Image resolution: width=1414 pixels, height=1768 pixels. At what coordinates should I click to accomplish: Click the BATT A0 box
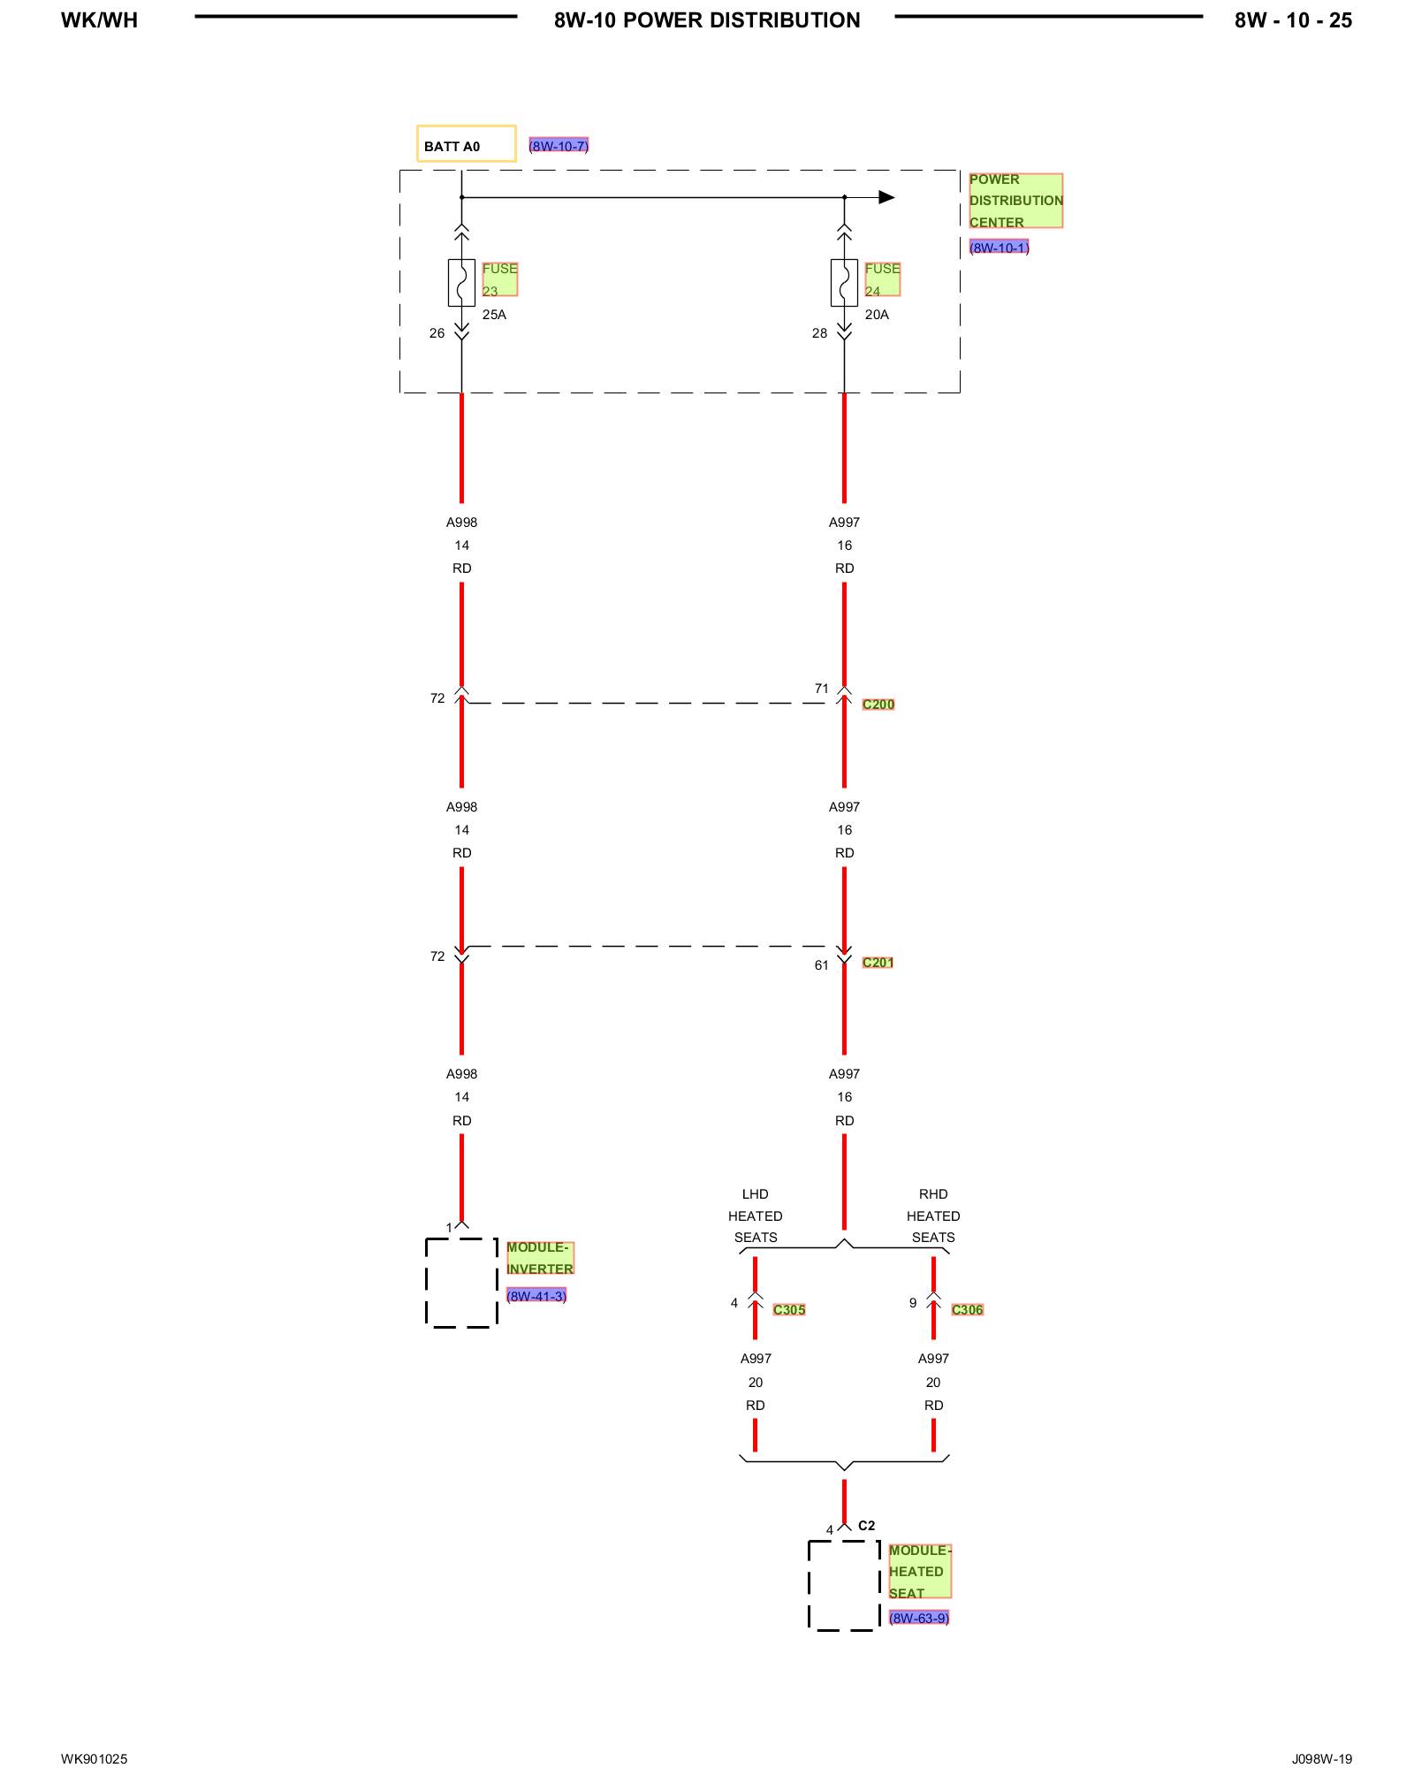(x=466, y=144)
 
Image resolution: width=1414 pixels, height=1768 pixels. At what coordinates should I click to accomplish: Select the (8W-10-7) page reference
(x=559, y=146)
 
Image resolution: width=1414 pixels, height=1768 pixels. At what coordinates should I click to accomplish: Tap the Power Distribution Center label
(x=1015, y=201)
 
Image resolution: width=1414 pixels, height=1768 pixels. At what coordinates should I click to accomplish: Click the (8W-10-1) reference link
(x=999, y=248)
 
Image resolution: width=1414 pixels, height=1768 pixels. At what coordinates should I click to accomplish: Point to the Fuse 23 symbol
(x=461, y=283)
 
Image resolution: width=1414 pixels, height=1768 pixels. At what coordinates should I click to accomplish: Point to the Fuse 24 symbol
(x=844, y=283)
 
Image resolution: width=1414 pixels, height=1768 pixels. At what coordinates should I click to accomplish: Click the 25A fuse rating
(x=494, y=315)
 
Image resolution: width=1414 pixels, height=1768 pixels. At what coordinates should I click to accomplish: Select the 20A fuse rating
(x=877, y=315)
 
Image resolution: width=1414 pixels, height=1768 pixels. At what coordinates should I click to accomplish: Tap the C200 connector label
(x=878, y=705)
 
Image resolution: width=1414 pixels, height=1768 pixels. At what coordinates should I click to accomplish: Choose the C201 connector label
(x=878, y=963)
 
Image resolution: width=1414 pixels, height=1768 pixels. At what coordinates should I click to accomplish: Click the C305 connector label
(x=789, y=1310)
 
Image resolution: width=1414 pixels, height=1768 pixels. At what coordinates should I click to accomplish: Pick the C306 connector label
(x=967, y=1310)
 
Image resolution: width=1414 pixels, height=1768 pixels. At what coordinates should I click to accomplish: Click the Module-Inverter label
(x=540, y=1258)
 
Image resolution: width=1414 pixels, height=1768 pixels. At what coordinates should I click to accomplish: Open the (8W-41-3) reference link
(x=536, y=1296)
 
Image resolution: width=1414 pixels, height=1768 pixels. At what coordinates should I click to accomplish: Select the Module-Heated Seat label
(x=919, y=1572)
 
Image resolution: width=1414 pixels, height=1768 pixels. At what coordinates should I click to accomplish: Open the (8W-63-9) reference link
(x=919, y=1618)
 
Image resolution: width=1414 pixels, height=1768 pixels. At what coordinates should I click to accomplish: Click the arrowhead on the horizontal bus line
(x=886, y=197)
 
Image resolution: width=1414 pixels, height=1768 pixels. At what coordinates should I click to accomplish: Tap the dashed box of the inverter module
(x=461, y=1283)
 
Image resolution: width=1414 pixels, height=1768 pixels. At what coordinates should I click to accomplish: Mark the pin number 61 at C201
(x=822, y=965)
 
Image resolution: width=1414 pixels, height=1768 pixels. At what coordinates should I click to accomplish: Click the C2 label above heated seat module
(x=867, y=1526)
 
